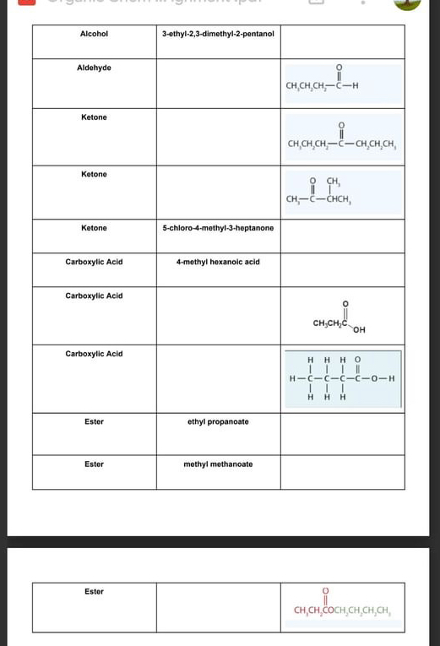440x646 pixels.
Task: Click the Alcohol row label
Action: pyautogui.click(x=94, y=34)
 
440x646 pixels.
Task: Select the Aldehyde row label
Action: pyautogui.click(x=94, y=68)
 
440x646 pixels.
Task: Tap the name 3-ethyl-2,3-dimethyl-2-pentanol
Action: pyautogui.click(x=218, y=34)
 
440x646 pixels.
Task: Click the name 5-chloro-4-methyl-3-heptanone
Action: pyautogui.click(x=218, y=228)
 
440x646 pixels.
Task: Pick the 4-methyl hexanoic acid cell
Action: pyautogui.click(x=218, y=262)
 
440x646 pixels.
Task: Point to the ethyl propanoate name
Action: pyautogui.click(x=218, y=421)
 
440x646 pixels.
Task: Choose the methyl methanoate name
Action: pyautogui.click(x=218, y=464)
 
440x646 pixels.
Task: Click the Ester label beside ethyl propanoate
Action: pyautogui.click(x=94, y=421)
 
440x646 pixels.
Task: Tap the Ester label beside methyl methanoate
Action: pyautogui.click(x=94, y=464)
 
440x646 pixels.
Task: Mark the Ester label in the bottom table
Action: pyautogui.click(x=94, y=592)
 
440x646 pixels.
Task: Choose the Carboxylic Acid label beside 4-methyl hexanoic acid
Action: pyautogui.click(x=94, y=262)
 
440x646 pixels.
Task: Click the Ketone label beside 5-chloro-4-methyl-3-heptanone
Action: pyautogui.click(x=94, y=228)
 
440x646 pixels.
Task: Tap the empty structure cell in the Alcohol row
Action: pyautogui.click(x=342, y=41)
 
